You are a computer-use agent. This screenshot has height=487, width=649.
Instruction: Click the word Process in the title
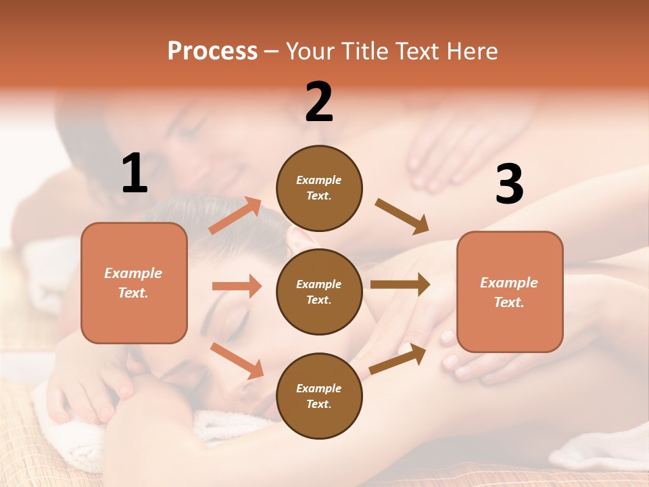212,51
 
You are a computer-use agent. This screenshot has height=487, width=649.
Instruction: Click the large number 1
135,174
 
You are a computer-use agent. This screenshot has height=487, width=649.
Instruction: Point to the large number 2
319,102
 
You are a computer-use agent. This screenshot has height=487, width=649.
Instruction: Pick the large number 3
509,184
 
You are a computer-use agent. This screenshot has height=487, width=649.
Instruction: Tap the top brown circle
319,188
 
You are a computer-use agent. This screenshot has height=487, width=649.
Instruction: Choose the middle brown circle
319,292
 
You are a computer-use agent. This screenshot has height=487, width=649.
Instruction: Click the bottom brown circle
319,396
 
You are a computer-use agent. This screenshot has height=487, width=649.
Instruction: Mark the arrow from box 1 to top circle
235,216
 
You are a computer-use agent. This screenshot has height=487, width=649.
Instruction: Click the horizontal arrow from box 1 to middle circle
237,286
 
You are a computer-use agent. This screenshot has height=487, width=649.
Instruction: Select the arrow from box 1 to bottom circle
237,361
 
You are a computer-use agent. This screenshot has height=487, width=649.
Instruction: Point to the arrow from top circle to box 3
402,216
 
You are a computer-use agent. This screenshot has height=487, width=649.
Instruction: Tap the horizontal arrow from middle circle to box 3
400,284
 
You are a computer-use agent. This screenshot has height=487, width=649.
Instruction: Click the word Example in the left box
133,273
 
